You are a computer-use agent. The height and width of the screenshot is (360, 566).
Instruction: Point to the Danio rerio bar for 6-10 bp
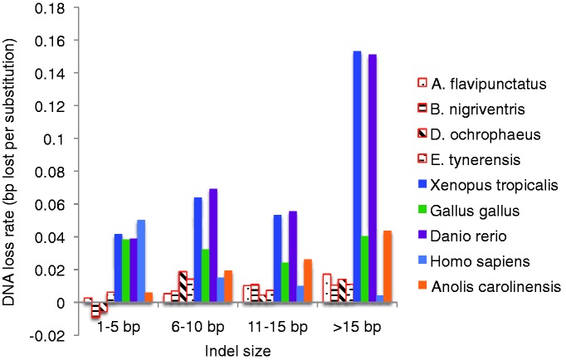(x=213, y=246)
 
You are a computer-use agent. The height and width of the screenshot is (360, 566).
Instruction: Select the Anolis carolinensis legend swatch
(x=422, y=288)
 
